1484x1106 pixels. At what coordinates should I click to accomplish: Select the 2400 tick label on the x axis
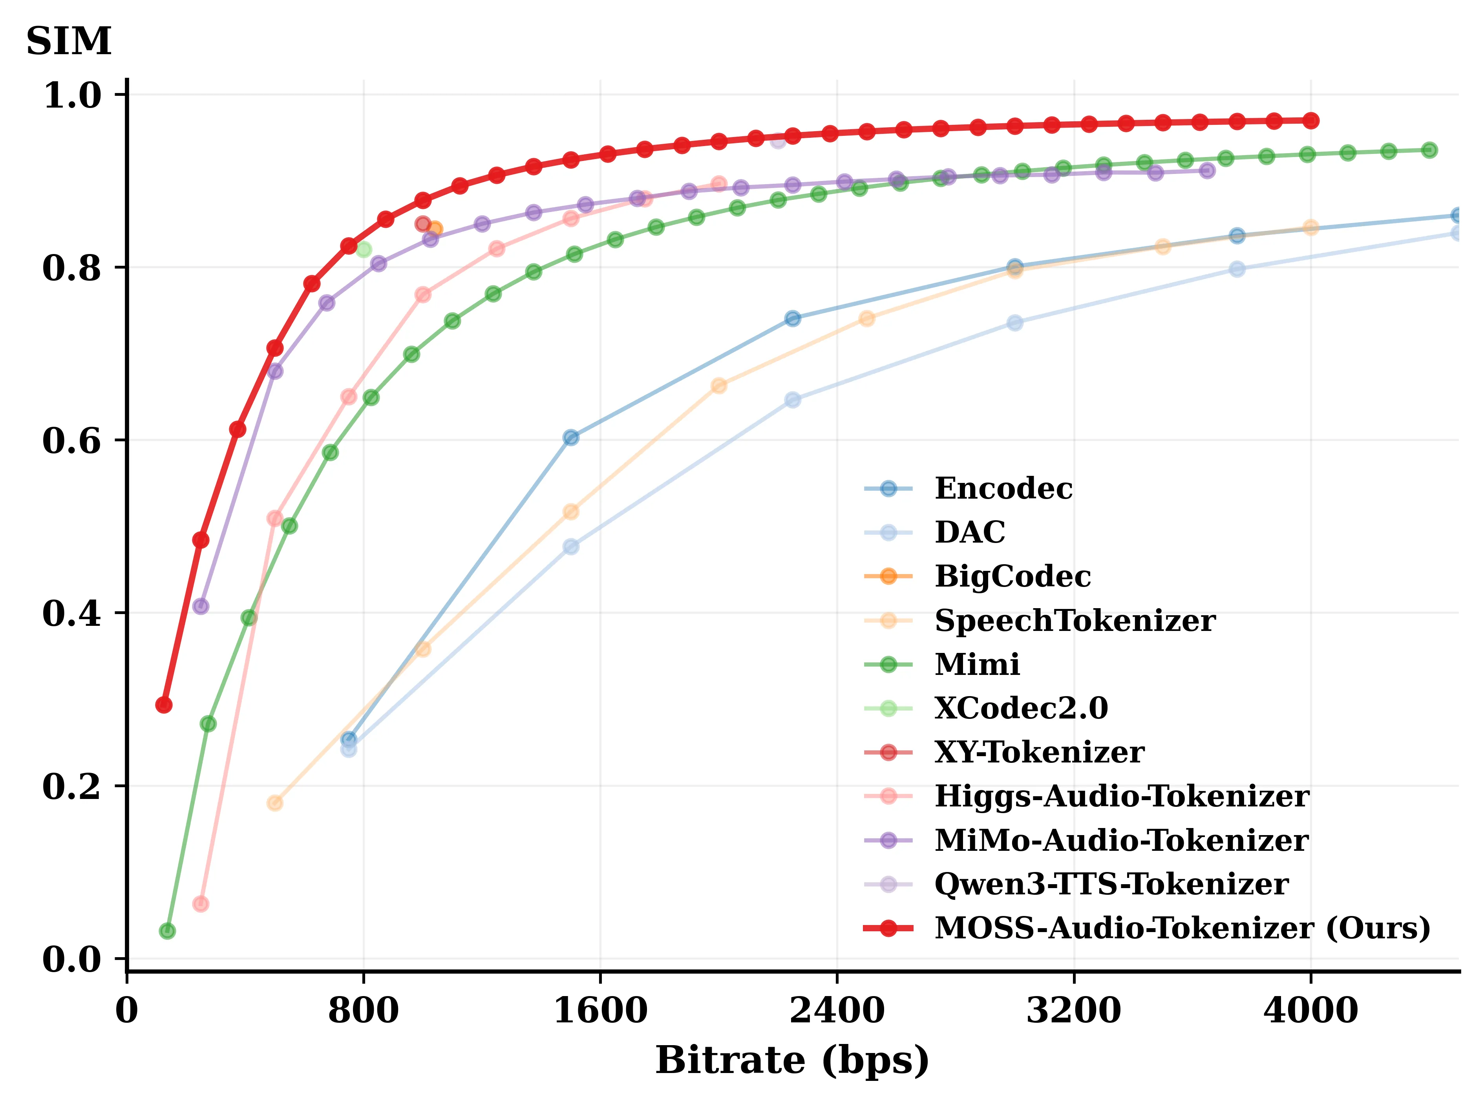pos(837,1010)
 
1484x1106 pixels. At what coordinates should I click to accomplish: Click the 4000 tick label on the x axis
pos(1310,1010)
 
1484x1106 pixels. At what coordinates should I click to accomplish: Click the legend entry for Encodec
pos(1003,488)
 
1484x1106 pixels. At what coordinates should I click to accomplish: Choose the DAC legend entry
pos(969,532)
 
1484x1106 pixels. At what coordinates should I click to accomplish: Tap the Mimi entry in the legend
pos(977,664)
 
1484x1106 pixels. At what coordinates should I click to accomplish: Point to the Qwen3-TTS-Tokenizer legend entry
pos(1111,884)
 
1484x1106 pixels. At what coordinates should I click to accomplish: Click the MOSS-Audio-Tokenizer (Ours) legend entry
pos(1181,928)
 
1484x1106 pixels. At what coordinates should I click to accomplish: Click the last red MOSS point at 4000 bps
pos(1310,121)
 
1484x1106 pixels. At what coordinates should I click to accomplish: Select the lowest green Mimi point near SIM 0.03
pos(167,931)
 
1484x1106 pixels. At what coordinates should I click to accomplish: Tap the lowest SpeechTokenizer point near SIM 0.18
pos(274,803)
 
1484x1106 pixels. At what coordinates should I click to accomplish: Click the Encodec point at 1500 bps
pos(570,437)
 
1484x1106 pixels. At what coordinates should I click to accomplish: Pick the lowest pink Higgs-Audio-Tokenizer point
pos(200,904)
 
